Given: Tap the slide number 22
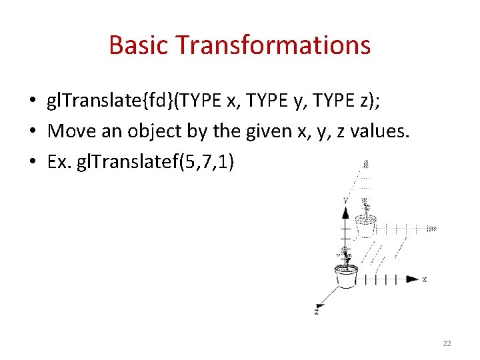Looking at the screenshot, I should point(447,343).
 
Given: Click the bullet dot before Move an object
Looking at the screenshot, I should point(32,132).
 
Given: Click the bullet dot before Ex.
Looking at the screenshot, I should point(32,163).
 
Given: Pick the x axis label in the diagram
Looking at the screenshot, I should point(425,279).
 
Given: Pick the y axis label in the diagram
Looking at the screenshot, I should point(345,199).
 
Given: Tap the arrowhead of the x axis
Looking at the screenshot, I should point(413,279).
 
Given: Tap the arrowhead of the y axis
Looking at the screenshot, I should point(345,213).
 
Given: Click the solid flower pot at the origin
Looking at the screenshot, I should point(346,275).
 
